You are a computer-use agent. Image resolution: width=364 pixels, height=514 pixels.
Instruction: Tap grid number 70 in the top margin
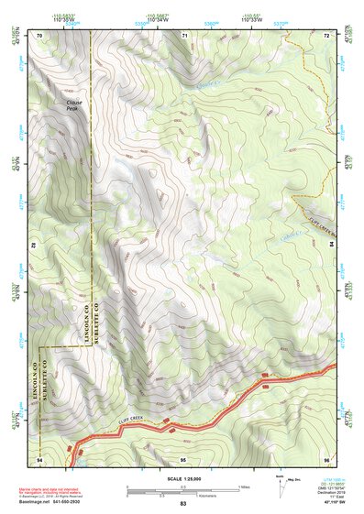[39, 35]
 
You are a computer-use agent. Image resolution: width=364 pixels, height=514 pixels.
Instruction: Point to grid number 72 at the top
[326, 35]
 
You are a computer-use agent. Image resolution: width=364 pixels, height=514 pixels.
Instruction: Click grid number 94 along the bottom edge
[39, 458]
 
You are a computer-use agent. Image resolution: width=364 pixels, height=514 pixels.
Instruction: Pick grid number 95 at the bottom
[183, 458]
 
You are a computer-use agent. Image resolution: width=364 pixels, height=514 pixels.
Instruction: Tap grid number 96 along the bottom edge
[326, 458]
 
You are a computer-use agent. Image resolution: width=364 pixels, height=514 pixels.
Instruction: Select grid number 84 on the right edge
[331, 246]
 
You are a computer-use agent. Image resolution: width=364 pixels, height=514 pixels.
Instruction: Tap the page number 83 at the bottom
[182, 505]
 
